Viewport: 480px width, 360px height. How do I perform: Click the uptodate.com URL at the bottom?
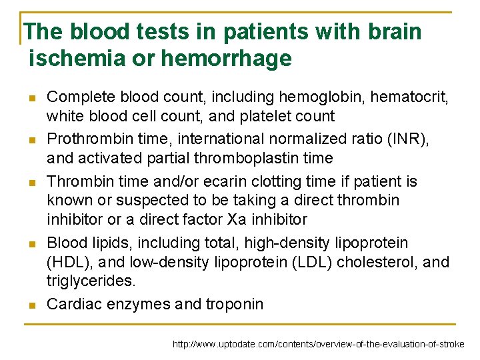click(x=319, y=345)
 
